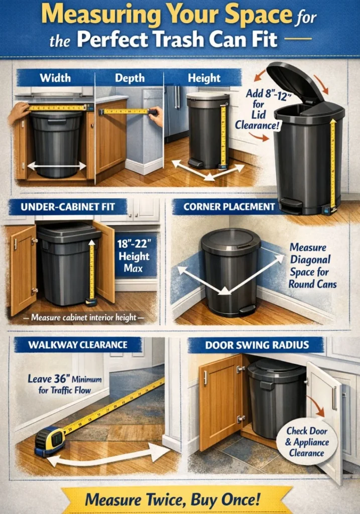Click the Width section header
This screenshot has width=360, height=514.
tap(55, 78)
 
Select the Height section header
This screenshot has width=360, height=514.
tap(204, 78)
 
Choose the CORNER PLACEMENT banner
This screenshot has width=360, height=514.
tap(229, 206)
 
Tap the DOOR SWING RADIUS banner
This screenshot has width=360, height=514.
tap(257, 345)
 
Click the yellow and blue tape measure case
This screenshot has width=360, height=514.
tap(50, 440)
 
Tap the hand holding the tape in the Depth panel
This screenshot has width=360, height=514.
tap(156, 115)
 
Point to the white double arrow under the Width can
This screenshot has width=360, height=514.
tap(57, 166)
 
